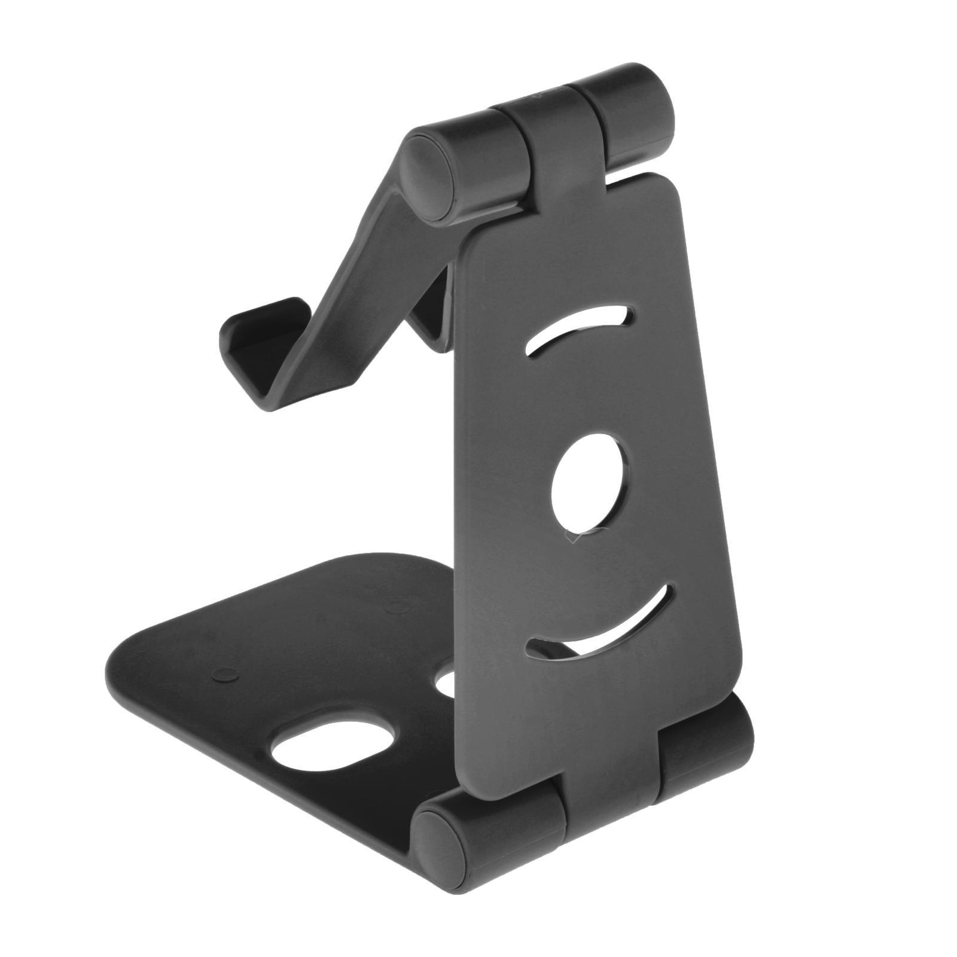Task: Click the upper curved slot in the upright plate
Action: click(577, 331)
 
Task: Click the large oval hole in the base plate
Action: click(333, 745)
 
